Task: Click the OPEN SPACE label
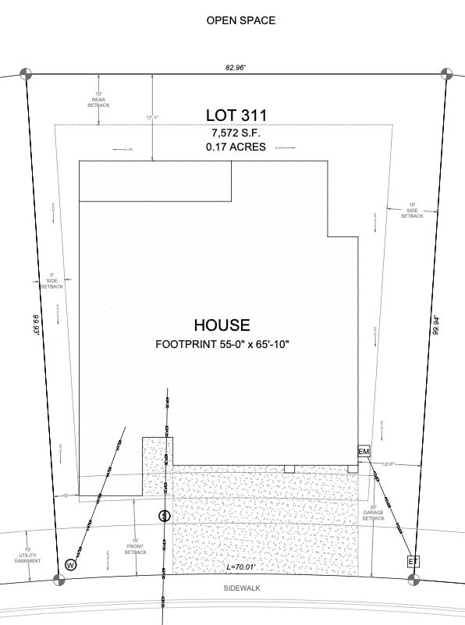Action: (240, 20)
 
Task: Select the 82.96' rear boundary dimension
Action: (235, 68)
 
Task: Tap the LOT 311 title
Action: (236, 116)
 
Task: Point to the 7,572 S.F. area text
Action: (236, 133)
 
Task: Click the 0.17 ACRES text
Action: (236, 147)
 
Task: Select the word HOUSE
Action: (222, 325)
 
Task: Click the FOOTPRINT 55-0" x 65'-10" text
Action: (222, 343)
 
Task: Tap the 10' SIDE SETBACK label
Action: (412, 211)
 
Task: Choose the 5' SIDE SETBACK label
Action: (51, 282)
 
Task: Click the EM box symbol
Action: (364, 452)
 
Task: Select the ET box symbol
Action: (413, 561)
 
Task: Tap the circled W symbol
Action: (70, 564)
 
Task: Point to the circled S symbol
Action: (164, 516)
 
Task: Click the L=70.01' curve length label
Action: (241, 566)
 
